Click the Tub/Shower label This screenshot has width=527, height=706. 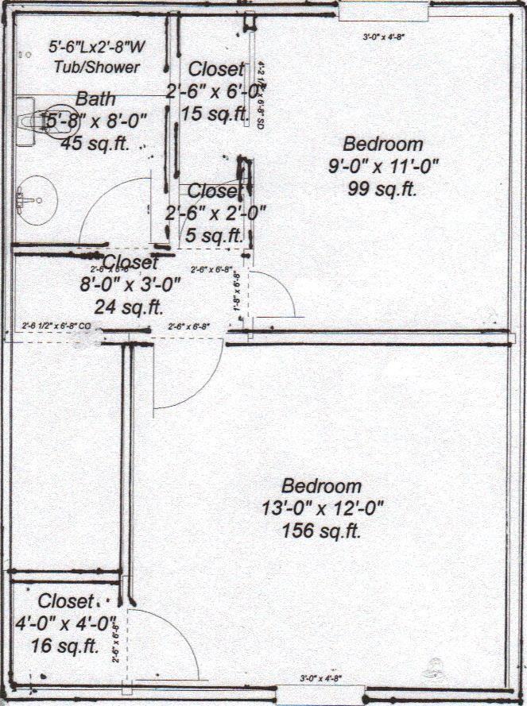(96, 68)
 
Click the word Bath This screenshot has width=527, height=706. (95, 100)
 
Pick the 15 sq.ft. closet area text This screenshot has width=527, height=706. (215, 114)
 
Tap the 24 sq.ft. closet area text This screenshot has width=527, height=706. (129, 306)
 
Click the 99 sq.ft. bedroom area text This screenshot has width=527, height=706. (382, 188)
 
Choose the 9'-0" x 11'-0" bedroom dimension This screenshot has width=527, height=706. (382, 167)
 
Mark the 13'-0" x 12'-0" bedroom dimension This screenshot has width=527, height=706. (321, 508)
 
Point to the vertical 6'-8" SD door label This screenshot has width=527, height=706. (261, 96)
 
